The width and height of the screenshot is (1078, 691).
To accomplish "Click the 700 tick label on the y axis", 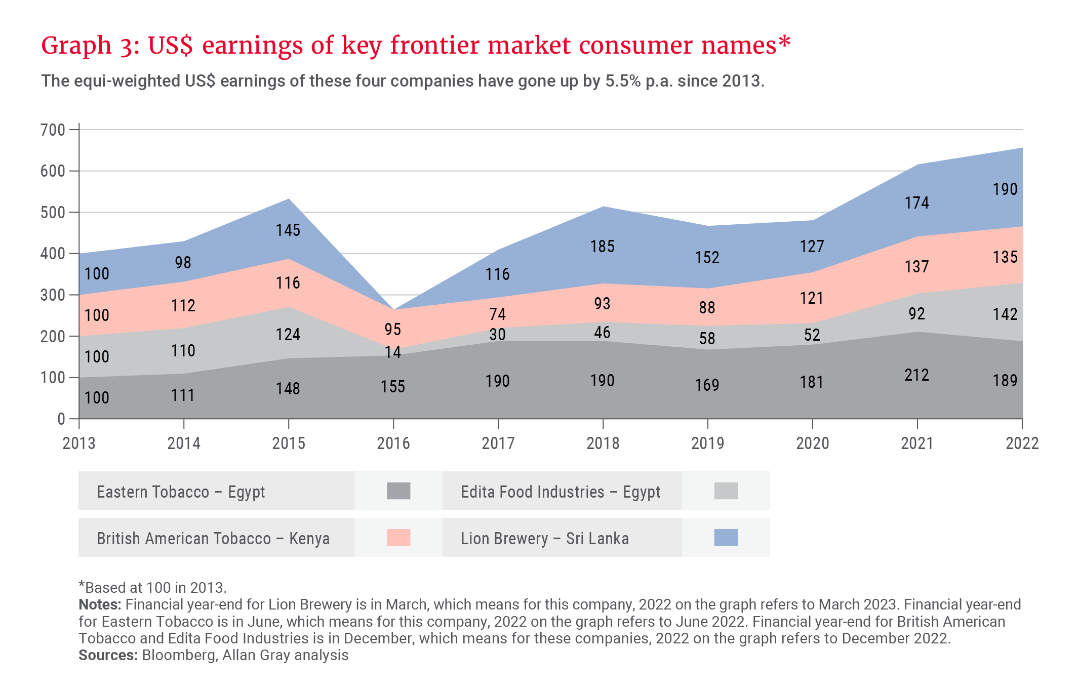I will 53,130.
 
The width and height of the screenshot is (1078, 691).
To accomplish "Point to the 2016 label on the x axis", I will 393,443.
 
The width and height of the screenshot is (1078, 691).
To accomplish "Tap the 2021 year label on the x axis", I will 917,443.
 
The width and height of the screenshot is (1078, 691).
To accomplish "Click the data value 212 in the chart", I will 916,375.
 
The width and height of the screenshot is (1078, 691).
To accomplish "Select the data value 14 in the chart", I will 393,352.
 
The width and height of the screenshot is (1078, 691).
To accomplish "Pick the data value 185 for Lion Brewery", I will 602,247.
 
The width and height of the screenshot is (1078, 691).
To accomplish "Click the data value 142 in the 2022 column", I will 1005,314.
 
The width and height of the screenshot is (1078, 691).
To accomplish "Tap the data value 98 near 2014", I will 183,263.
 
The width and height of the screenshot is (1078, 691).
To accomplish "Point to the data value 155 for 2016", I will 393,387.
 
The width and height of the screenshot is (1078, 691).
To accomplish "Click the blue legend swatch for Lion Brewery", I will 726,537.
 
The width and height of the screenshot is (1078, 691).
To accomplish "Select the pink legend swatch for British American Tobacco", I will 398,537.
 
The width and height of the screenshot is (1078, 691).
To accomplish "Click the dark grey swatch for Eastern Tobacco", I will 398,491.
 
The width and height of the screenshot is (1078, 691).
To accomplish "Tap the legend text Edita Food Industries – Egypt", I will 561,492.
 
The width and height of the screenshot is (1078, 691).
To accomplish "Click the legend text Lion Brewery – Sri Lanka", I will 545,538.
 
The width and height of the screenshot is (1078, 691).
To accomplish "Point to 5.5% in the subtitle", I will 623,81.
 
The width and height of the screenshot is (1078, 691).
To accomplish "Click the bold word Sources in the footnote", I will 107,655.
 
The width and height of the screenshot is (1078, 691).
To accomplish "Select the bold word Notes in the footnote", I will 99,604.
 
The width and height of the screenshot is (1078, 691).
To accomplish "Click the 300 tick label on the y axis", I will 53,295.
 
